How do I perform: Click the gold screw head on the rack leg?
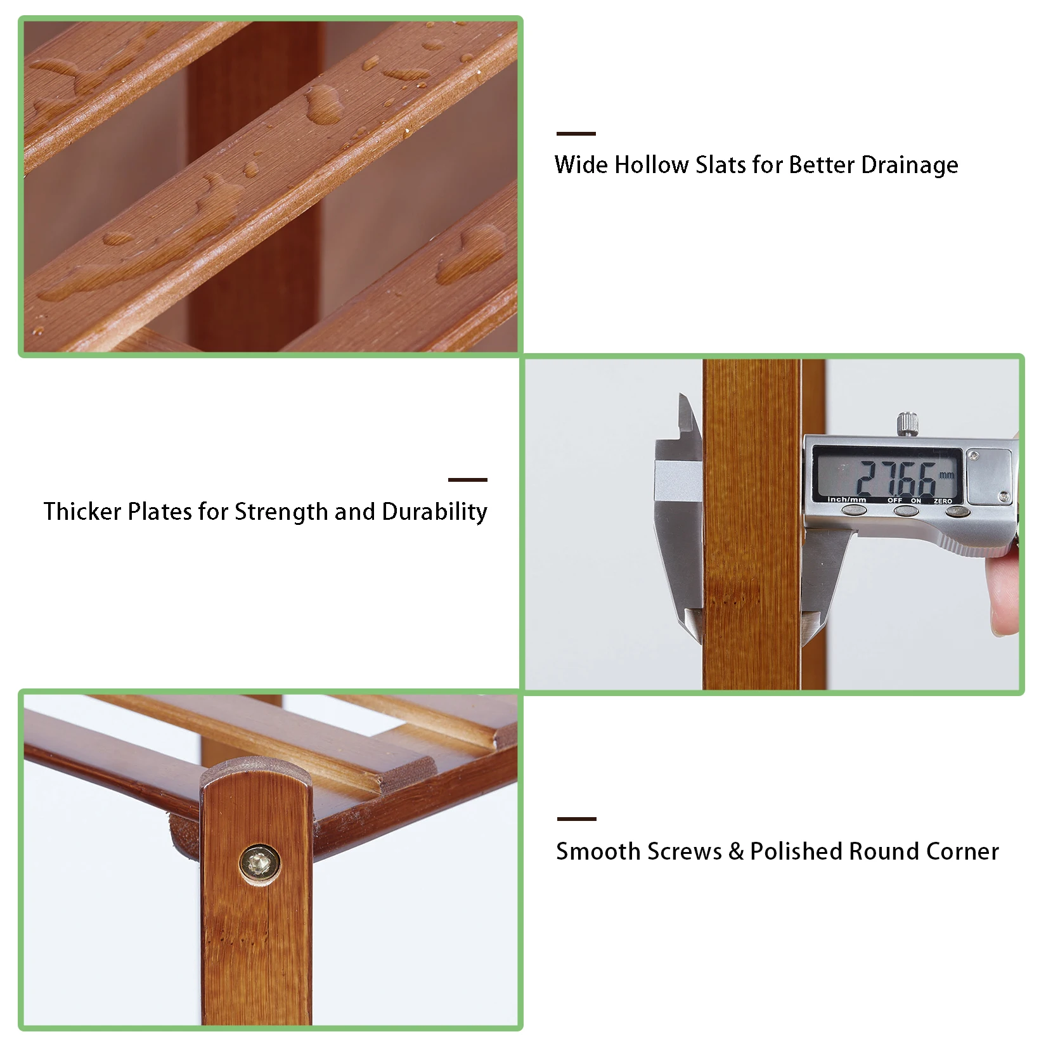[259, 863]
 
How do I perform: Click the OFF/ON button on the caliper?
[905, 510]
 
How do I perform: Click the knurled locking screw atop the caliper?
[908, 423]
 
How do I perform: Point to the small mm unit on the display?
[946, 475]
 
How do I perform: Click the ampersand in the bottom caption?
[736, 851]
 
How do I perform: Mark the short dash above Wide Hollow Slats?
[576, 134]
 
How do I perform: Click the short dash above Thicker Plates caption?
[468, 480]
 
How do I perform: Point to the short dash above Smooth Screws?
[577, 818]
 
